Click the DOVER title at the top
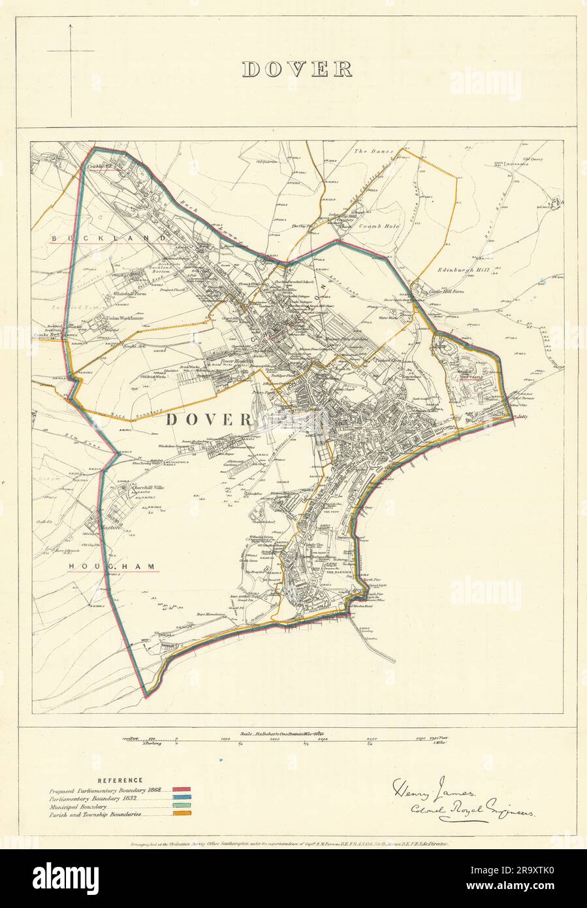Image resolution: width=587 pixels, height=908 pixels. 298,69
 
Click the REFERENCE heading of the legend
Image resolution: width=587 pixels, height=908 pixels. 119,780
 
